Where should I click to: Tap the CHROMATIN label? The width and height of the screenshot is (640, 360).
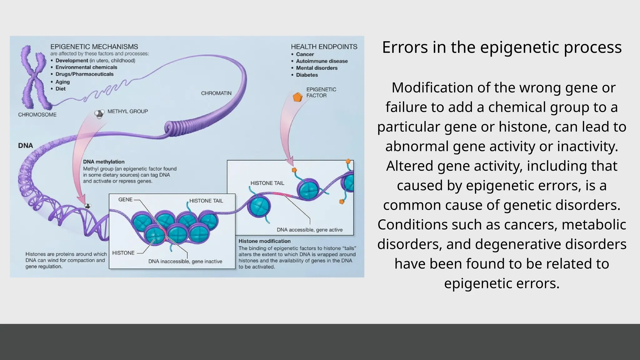[216, 93]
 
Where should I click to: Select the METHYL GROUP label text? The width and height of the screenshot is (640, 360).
[127, 111]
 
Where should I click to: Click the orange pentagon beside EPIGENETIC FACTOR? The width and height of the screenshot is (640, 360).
[297, 97]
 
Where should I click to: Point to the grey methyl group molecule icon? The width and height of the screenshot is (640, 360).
[99, 114]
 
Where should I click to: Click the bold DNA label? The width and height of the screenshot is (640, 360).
[26, 146]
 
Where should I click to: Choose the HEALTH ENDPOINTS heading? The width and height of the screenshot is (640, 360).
[324, 47]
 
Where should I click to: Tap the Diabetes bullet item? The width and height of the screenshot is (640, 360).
[307, 75]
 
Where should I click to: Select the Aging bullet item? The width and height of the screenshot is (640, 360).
[62, 82]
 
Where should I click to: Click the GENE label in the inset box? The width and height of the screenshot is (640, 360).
[125, 199]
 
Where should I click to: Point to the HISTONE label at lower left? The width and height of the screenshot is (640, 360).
[123, 253]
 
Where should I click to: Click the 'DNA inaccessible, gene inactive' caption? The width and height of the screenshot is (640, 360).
[185, 261]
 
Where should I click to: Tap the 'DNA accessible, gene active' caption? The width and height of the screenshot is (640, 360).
[309, 230]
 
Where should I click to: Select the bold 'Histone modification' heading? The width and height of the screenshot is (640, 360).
[264, 241]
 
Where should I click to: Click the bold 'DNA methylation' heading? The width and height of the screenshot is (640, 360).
[104, 162]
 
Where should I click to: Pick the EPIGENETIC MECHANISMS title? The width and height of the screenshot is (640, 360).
[94, 47]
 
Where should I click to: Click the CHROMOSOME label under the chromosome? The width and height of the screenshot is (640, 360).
[37, 115]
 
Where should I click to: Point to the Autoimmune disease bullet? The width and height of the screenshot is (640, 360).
[322, 61]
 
